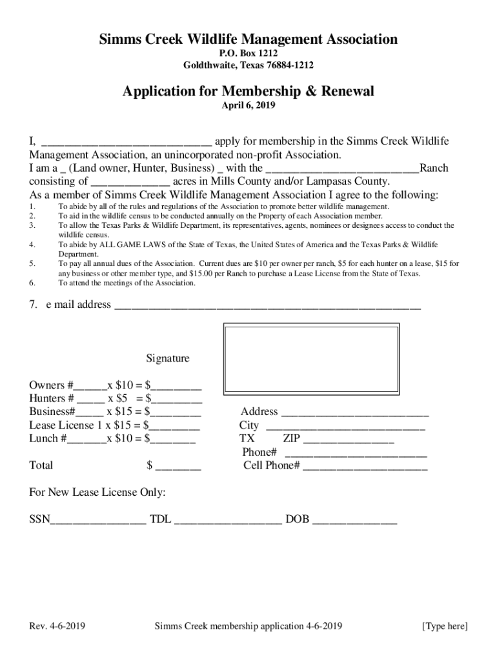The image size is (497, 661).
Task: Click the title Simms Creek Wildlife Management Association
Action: point(248,40)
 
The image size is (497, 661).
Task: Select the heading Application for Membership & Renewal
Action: point(248,92)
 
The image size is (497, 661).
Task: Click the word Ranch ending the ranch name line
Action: point(434,168)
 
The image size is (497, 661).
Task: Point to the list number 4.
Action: point(32,245)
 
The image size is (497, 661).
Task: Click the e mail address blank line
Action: point(267,307)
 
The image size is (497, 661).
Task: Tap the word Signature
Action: point(168,358)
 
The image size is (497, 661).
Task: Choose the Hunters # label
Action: point(51,398)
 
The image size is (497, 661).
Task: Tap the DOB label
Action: point(298,519)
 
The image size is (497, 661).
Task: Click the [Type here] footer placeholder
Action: point(445,626)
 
